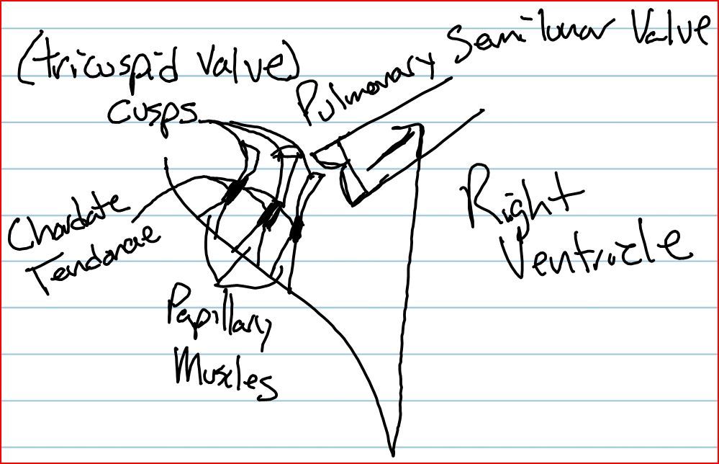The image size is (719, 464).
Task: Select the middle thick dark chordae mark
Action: (272, 213)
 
